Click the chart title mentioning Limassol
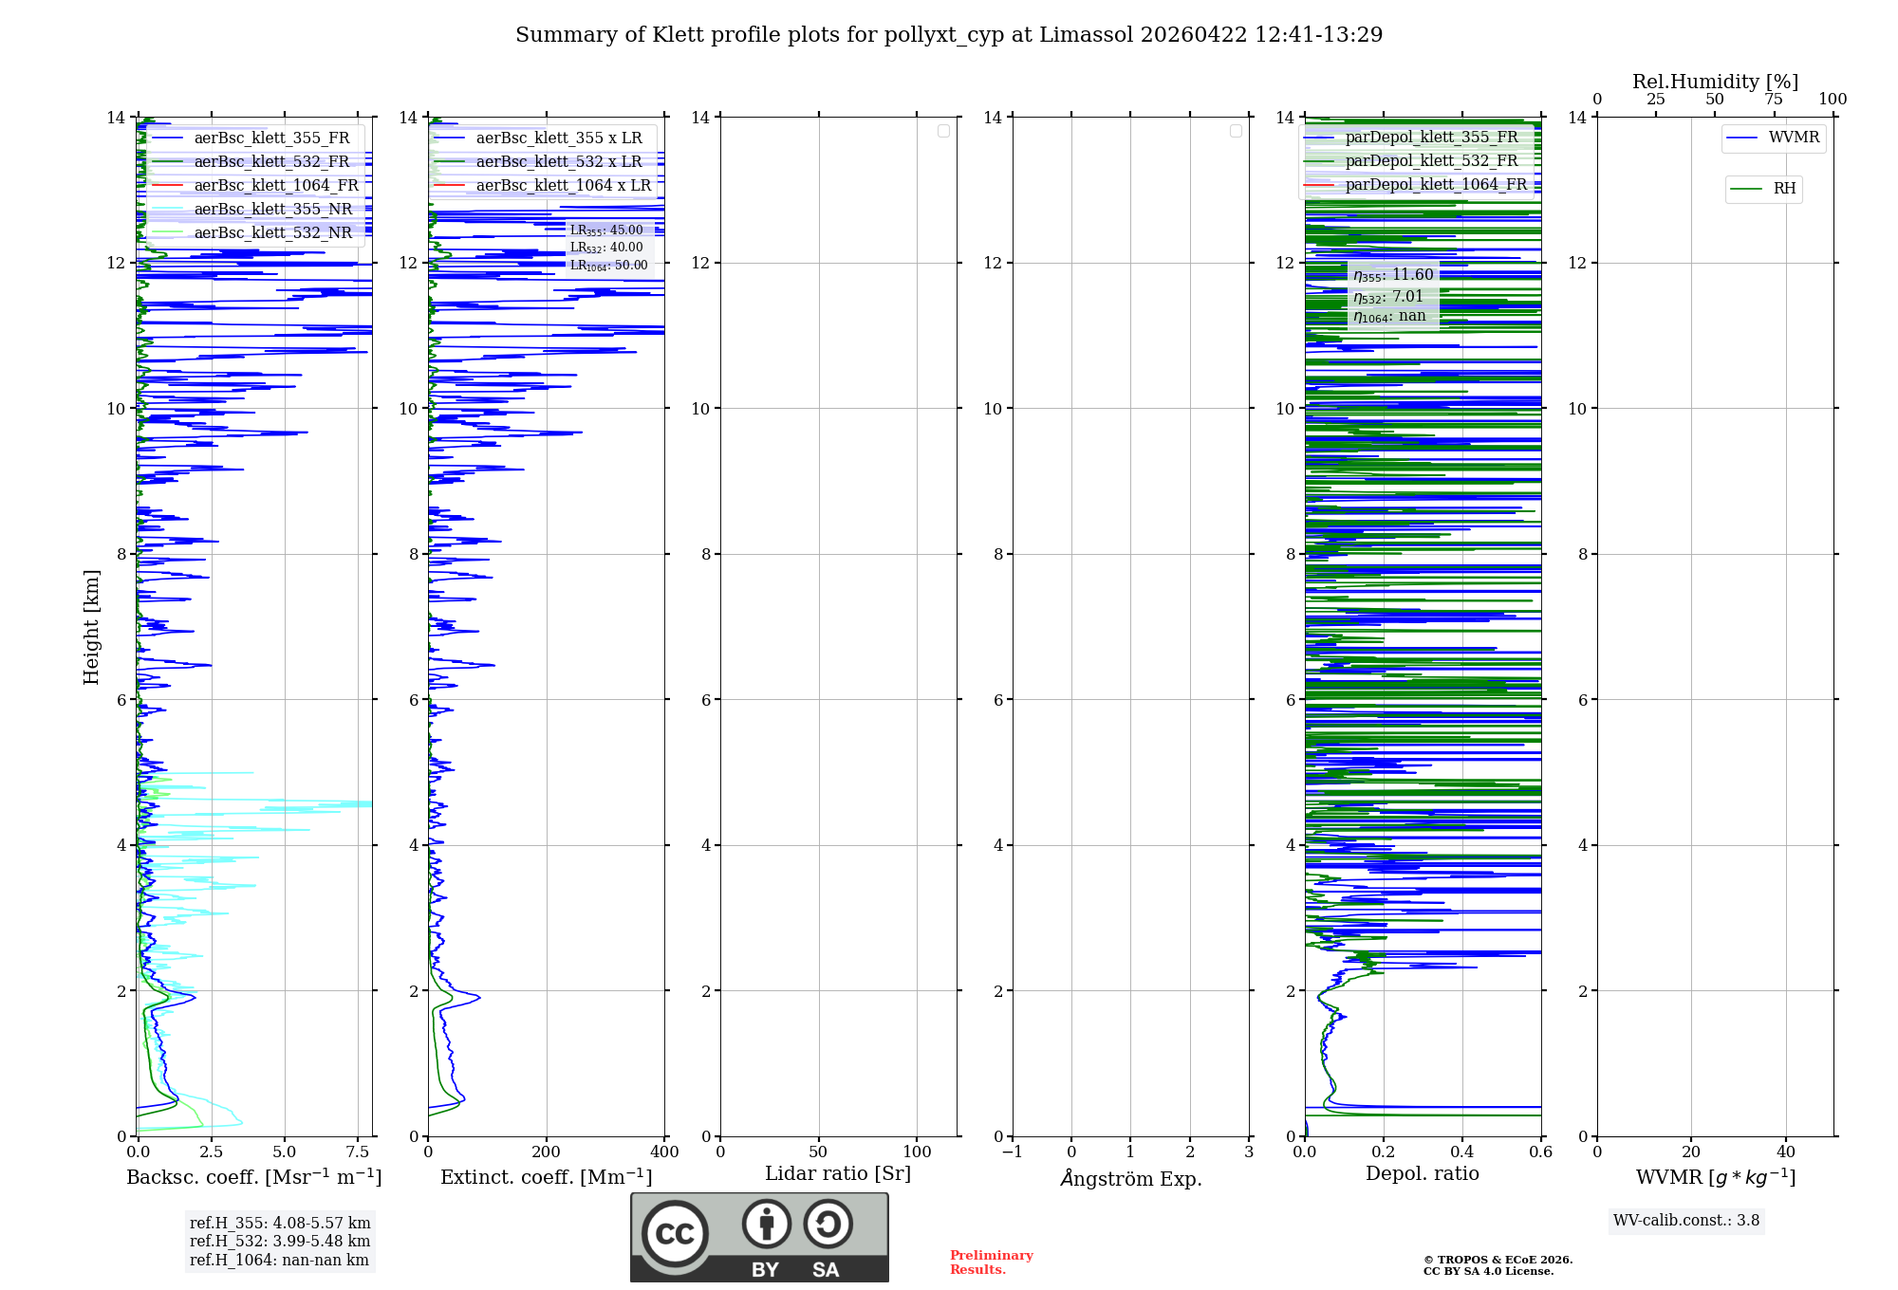(949, 35)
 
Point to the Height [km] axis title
(91, 626)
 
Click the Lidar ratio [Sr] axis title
(838, 1173)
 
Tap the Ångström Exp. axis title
(1130, 1178)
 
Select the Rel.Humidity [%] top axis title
(1715, 82)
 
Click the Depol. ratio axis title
(1422, 1173)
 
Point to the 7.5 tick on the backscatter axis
(358, 1152)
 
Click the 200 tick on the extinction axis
(547, 1152)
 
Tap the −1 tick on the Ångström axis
(1013, 1152)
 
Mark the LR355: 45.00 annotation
(606, 230)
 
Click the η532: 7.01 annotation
(1388, 297)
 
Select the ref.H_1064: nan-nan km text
(279, 1260)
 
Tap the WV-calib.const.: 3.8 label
(1686, 1221)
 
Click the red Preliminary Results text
(991, 1262)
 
